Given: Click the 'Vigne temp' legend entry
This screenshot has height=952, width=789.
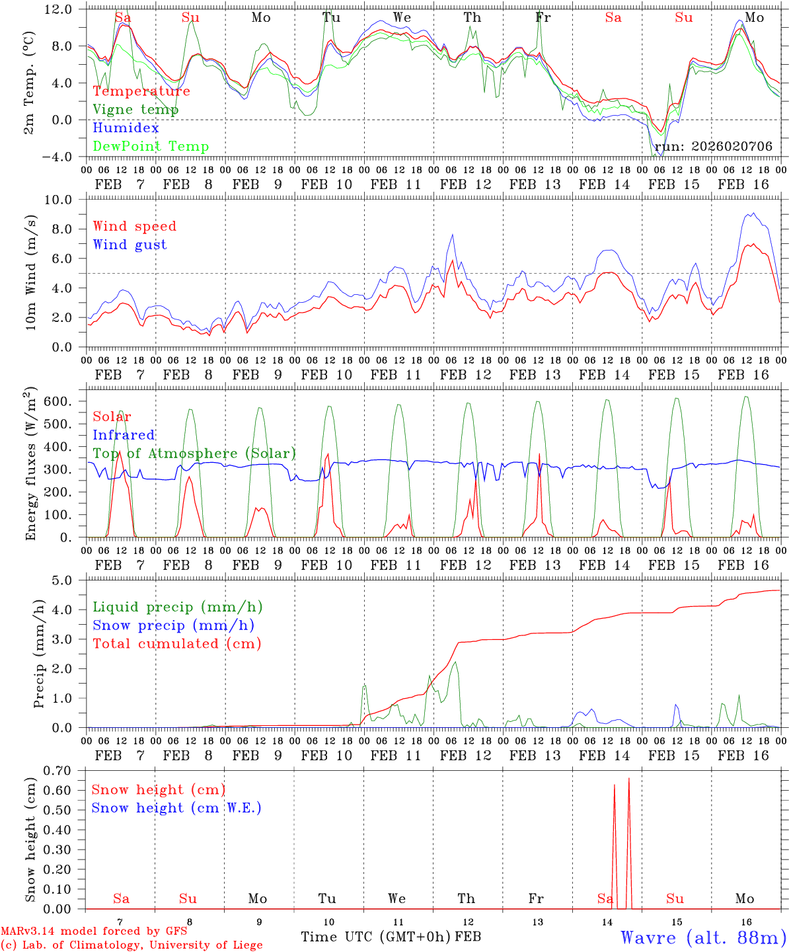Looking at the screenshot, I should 135,110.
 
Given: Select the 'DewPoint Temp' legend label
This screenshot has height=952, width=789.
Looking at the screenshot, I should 151,147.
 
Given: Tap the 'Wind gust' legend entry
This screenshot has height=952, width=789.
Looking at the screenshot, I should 130,245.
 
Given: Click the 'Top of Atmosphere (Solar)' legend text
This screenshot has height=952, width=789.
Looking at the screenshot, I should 194,454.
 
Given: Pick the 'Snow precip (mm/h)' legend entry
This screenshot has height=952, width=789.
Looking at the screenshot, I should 173,625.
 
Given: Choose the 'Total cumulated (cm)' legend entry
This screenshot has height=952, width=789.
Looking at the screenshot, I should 176,644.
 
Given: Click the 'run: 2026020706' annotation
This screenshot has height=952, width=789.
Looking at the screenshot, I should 713,147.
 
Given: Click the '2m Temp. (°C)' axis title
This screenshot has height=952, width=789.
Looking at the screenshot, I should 30,82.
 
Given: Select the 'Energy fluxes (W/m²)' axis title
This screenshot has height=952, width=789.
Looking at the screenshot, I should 30,466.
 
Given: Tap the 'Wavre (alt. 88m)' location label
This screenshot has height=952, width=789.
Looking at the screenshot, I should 703,937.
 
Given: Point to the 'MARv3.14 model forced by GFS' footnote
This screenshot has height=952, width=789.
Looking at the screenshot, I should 94,932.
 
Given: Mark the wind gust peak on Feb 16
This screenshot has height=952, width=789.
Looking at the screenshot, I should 753,214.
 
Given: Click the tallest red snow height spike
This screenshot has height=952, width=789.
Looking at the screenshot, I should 628,779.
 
